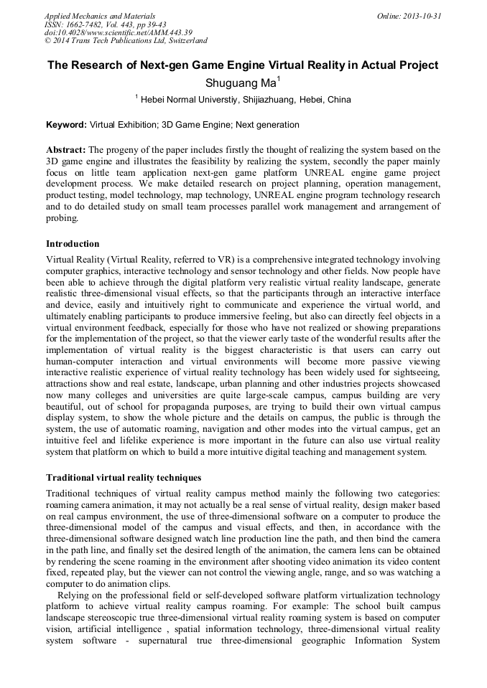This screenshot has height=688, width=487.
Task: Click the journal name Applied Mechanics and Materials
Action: [x=99, y=15]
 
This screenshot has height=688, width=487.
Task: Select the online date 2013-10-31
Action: [x=422, y=15]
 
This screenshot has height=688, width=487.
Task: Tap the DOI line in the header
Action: [x=118, y=32]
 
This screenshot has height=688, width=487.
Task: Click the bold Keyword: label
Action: [x=66, y=125]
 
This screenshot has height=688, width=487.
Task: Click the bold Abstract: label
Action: [x=66, y=149]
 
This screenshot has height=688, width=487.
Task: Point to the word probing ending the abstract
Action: [x=62, y=218]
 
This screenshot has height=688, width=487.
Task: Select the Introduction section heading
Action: [x=73, y=244]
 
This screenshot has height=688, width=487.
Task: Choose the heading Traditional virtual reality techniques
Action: [x=124, y=477]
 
